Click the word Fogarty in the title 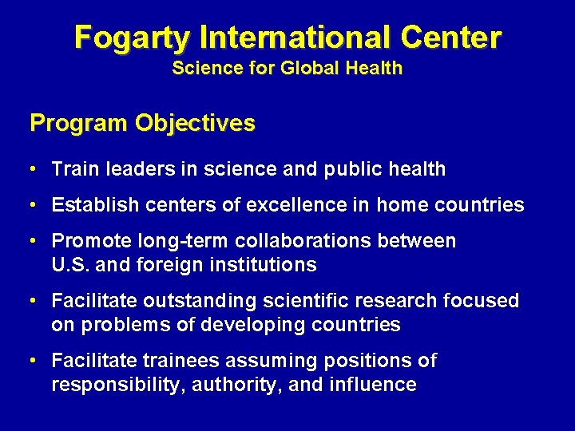[x=131, y=37]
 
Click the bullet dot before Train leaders [x=32, y=168]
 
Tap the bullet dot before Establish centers [x=32, y=205]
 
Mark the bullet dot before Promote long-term [x=32, y=241]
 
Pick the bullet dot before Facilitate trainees [x=32, y=361]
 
